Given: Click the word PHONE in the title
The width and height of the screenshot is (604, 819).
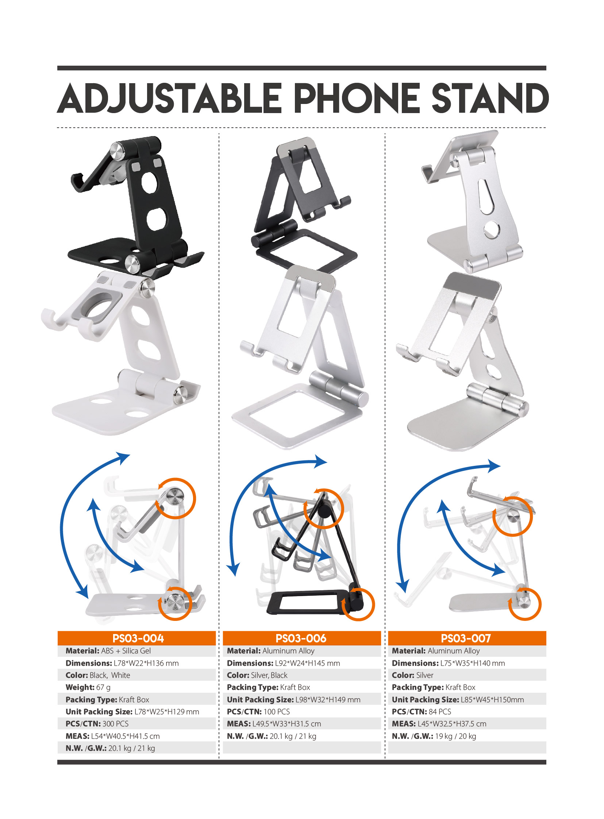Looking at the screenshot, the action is point(357,98).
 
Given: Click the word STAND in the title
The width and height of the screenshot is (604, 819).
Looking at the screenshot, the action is point(490,98).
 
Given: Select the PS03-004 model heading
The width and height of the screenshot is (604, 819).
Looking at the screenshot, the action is point(138,638).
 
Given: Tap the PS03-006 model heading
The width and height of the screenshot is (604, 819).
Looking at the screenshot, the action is point(301,638).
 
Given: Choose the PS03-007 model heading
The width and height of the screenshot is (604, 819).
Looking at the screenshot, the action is point(466,638).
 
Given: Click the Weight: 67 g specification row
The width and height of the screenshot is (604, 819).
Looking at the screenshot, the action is point(88,687).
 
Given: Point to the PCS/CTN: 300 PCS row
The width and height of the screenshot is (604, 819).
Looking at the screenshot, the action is point(97,724).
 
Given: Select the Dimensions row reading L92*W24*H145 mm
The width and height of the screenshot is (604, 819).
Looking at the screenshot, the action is point(283,663).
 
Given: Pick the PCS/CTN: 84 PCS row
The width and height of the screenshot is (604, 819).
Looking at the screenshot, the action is point(422,711).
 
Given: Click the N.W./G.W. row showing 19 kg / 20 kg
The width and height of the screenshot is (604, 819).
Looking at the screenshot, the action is point(434,736).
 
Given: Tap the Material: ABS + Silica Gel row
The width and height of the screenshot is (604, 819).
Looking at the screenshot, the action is point(108,650).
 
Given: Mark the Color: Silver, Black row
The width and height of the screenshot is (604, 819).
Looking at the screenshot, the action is point(257,675).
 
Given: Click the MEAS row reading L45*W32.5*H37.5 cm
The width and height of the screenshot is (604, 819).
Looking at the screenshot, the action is point(439,724).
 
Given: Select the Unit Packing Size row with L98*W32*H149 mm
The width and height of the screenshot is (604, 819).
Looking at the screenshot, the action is point(293,699).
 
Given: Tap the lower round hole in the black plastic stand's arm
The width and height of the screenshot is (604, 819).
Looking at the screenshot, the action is point(157,219).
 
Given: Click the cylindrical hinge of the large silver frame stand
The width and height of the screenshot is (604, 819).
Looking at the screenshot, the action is point(339,389).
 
